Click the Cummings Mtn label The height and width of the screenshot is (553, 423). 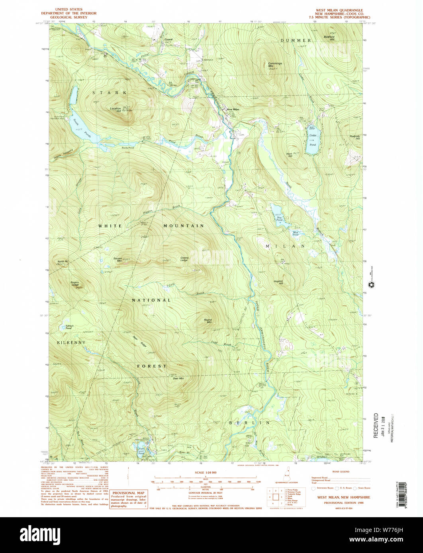click(x=274, y=65)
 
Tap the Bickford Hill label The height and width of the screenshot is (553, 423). click(x=329, y=38)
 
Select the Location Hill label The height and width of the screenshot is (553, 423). click(x=116, y=110)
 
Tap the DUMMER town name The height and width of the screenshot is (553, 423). click(x=295, y=41)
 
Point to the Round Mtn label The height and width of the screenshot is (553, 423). click(x=208, y=321)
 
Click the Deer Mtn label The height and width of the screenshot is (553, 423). click(x=178, y=378)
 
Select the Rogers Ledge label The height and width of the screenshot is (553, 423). click(x=74, y=284)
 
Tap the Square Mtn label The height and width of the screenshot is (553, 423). click(x=117, y=259)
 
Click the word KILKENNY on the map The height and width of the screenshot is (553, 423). click(x=71, y=342)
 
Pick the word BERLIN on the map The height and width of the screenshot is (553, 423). click(x=250, y=423)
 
